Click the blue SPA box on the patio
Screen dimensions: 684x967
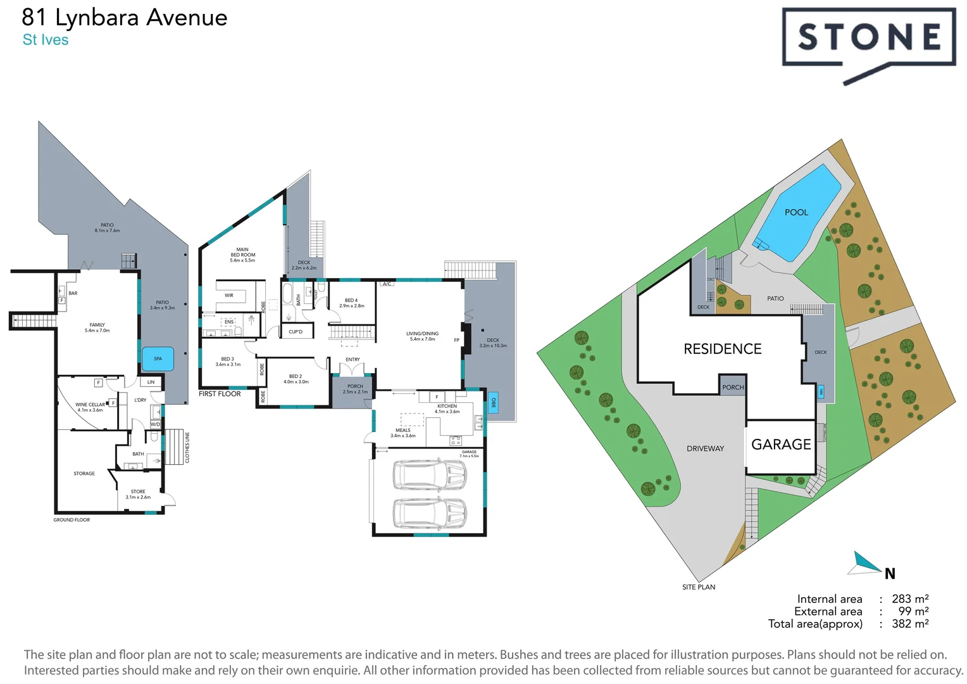[x=158, y=358]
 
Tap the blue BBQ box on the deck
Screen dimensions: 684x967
[x=494, y=402]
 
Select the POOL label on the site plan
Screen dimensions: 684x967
[x=796, y=212]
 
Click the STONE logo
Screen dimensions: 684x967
[x=868, y=38]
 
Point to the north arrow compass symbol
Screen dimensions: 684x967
[x=867, y=563]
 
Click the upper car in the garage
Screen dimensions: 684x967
[x=430, y=475]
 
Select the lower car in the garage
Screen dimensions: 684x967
[x=430, y=513]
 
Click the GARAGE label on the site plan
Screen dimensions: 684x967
[x=781, y=445]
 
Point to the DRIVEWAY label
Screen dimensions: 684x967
[x=705, y=448]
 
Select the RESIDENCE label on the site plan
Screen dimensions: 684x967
[x=722, y=349]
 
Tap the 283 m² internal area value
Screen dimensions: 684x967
[x=909, y=598]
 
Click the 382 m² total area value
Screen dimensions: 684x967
[x=909, y=624]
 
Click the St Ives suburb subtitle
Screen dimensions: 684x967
[x=46, y=40]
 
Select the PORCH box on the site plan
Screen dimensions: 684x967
[x=733, y=387]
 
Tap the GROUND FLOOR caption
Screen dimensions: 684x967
[x=72, y=520]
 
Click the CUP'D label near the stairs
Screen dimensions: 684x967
[x=296, y=332]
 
